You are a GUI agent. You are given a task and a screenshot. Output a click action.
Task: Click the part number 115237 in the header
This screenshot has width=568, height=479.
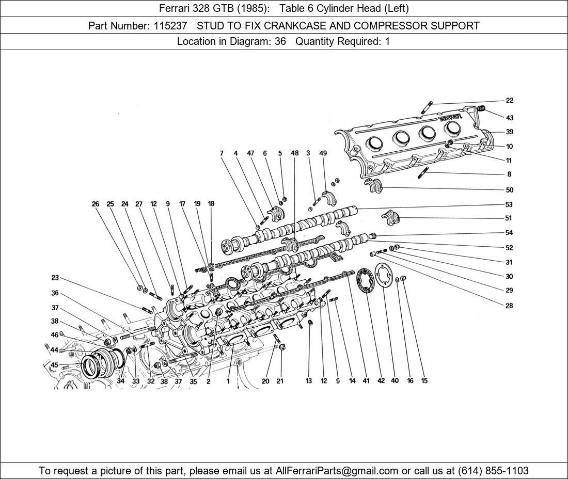click(x=170, y=26)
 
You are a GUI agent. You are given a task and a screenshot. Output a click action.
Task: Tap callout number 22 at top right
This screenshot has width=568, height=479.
click(x=510, y=100)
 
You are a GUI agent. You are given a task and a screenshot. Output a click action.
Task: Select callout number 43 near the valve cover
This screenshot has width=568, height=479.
click(x=510, y=118)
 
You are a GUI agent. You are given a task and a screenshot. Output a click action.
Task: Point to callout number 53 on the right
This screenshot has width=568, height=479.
click(x=509, y=204)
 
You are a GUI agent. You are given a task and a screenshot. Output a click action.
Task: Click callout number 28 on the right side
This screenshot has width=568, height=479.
click(x=509, y=306)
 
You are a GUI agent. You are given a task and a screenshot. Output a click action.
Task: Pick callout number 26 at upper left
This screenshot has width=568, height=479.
click(x=96, y=204)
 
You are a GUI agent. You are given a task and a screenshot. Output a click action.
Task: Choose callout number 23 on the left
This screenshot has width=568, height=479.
click(x=55, y=278)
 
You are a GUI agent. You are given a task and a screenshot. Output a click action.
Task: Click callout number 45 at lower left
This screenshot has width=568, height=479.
click(x=54, y=364)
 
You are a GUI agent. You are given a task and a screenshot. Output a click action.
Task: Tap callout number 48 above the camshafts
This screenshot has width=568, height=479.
click(x=294, y=153)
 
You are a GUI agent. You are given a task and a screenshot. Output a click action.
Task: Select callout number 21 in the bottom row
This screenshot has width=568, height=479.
click(x=280, y=381)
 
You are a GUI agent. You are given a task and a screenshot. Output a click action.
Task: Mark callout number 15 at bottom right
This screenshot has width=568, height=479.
click(x=424, y=380)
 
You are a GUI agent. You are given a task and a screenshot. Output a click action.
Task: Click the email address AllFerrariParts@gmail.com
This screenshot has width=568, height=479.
click(x=337, y=471)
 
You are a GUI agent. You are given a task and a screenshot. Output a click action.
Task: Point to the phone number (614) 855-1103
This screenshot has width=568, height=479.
click(x=493, y=471)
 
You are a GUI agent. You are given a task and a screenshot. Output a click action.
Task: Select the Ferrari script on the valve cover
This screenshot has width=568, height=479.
click(x=450, y=117)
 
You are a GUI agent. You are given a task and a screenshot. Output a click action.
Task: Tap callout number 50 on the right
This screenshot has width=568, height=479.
click(x=509, y=190)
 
